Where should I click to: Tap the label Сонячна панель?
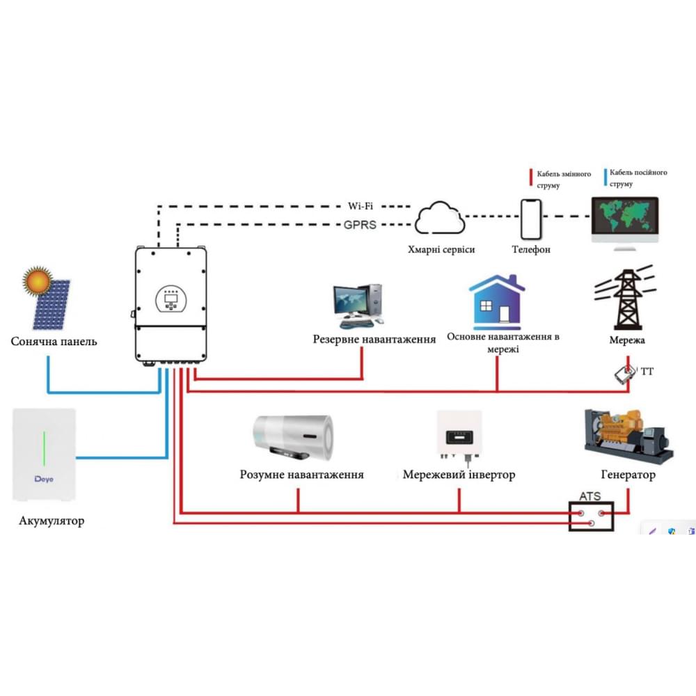pyautogui.click(x=54, y=342)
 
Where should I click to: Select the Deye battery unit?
pyautogui.click(x=44, y=454)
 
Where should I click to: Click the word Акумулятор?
pyautogui.click(x=52, y=521)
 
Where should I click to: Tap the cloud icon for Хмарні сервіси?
pyautogui.click(x=440, y=219)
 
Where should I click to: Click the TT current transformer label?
pyautogui.click(x=647, y=372)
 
